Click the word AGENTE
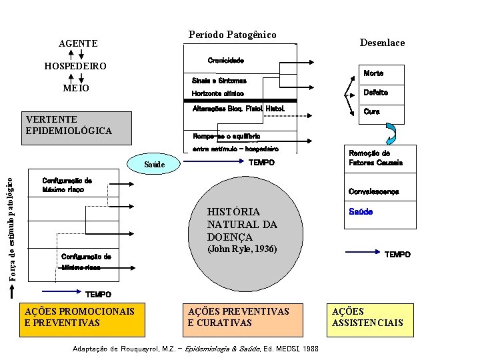78,43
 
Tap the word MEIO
76,88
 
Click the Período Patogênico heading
232,35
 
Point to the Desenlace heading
382,43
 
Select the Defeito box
375,92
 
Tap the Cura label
371,111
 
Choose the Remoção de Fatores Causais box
375,158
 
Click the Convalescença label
373,192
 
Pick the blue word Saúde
361,211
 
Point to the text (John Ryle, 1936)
242,249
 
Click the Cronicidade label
225,61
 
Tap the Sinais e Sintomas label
219,81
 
